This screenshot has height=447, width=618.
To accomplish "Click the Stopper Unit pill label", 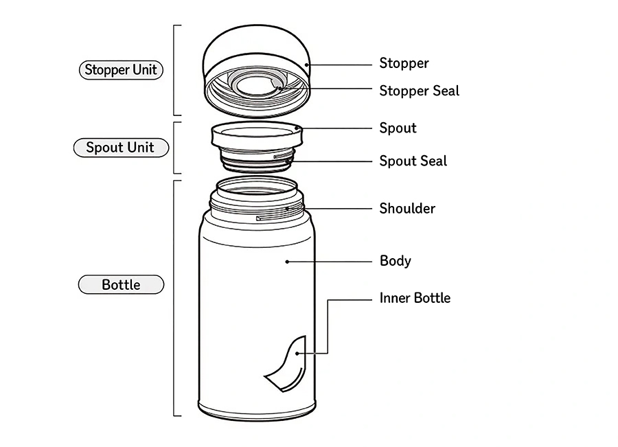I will (x=121, y=69).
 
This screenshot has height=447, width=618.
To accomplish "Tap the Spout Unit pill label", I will (x=121, y=148).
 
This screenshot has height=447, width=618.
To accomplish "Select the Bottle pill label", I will (x=121, y=285).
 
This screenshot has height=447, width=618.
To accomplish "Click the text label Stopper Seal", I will (x=419, y=91).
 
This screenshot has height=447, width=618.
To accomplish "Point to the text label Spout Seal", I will (x=413, y=161).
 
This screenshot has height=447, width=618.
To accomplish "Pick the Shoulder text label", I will (x=407, y=209).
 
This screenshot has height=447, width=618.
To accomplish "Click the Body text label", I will (x=396, y=261).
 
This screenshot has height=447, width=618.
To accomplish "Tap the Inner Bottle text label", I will (x=415, y=298).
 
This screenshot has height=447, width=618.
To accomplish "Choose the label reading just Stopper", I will (x=404, y=63).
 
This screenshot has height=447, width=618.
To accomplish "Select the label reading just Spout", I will (x=398, y=128).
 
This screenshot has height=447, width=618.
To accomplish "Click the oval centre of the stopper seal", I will (x=255, y=85).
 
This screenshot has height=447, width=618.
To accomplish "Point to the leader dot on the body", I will (x=287, y=262).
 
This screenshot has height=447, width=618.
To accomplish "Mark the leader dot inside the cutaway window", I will (x=297, y=354).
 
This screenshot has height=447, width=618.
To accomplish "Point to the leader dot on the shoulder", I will (x=287, y=208).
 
